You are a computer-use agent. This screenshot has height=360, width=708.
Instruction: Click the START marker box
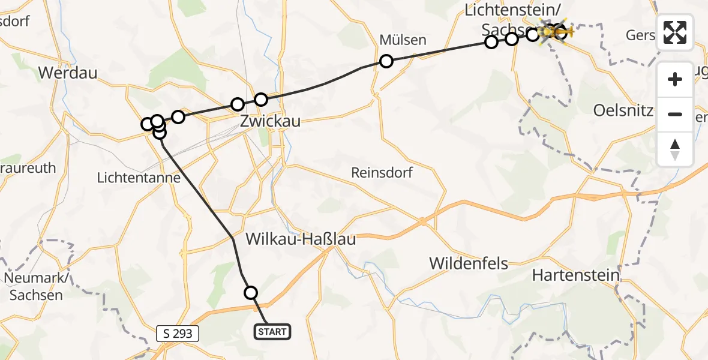273,331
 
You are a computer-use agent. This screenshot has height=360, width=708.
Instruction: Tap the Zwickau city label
270,121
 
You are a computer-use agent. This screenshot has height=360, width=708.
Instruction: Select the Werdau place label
68,73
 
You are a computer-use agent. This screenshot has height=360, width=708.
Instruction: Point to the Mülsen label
403,40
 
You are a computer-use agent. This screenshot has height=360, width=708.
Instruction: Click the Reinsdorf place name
382,173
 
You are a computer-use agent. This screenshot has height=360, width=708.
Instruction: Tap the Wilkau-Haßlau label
301,239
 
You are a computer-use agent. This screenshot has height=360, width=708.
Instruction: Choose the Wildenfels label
469,263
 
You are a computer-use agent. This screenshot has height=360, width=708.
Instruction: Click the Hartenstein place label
575,275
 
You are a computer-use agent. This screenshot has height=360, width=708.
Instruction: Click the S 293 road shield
178,333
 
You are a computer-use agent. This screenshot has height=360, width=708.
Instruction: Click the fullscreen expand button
675,32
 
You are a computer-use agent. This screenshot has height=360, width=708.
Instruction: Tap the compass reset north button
675,149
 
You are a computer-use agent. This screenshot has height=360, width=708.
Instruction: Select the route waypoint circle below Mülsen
386,61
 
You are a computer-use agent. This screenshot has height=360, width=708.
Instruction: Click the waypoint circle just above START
251,293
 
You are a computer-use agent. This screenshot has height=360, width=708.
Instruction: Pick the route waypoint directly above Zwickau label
260,100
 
